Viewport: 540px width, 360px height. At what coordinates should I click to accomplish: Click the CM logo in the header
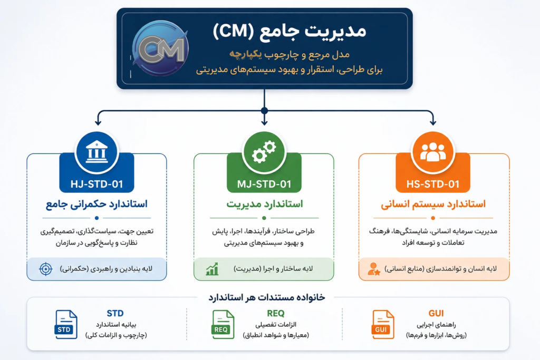160,48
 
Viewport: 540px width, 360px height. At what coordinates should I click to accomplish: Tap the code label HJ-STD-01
97,184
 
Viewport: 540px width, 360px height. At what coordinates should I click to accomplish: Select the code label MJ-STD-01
264,184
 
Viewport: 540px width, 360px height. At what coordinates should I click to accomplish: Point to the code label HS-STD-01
433,184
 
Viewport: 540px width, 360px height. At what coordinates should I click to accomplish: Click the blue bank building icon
97,151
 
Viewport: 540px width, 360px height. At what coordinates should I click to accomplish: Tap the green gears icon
264,151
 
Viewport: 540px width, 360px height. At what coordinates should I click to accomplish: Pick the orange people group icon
433,151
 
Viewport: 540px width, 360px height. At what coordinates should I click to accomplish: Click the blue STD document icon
66,324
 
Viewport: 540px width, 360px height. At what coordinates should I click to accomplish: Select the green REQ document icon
223,324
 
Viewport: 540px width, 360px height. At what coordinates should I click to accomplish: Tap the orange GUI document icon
383,324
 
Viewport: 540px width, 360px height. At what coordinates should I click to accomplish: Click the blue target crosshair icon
45,269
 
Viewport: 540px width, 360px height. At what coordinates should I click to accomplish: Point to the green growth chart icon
212,269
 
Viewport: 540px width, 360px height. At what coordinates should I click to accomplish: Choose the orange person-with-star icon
374,269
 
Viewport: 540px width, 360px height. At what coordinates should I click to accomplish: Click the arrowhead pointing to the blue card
98,122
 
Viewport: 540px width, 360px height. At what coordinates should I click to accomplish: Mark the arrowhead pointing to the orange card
433,122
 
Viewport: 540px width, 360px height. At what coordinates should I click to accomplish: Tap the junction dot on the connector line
264,111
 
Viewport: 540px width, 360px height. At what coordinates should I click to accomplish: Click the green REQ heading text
275,313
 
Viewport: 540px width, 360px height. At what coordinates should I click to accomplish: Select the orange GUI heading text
436,313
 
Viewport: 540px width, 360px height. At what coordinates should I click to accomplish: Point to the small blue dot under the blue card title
97,218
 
